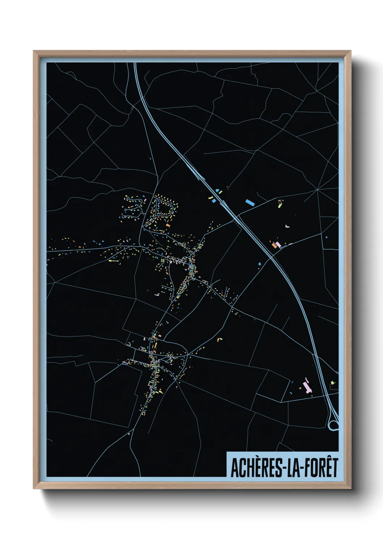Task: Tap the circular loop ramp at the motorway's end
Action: (333, 424)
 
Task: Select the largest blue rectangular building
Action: (249, 202)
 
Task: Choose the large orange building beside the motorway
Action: (274, 245)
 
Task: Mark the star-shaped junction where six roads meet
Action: (317, 189)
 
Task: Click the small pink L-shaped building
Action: (288, 226)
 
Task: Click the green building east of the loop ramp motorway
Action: (332, 382)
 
